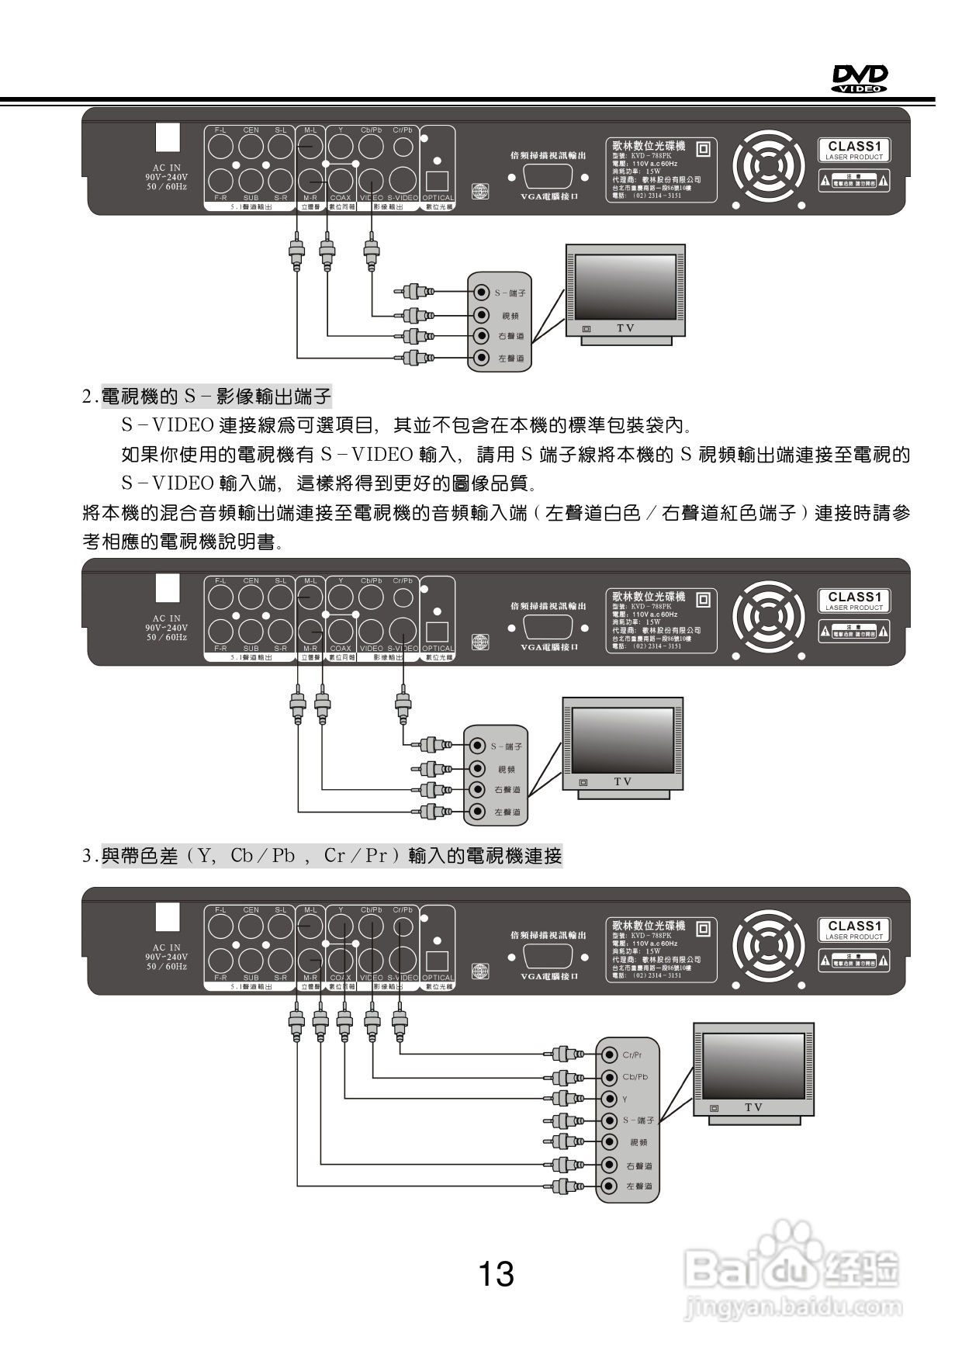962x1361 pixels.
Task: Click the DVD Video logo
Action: pos(860,78)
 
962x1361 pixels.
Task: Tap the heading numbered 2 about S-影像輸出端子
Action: pos(208,397)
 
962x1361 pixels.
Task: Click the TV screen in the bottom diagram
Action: pos(753,1061)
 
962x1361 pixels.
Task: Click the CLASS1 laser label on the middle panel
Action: pos(853,601)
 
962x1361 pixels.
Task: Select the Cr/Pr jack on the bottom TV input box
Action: pos(609,1055)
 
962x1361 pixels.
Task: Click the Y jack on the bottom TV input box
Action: pos(609,1099)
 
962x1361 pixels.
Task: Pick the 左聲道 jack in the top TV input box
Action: pos(482,358)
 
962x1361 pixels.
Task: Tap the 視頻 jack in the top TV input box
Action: pos(482,315)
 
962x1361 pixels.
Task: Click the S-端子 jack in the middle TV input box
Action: pos(477,746)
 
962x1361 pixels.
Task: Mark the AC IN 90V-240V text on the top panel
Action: pos(167,177)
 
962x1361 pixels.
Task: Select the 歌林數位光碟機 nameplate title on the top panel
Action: pos(649,145)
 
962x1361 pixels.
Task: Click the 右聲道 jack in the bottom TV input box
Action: pos(609,1165)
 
